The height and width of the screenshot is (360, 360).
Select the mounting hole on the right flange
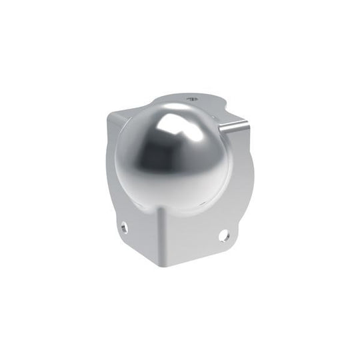225,235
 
